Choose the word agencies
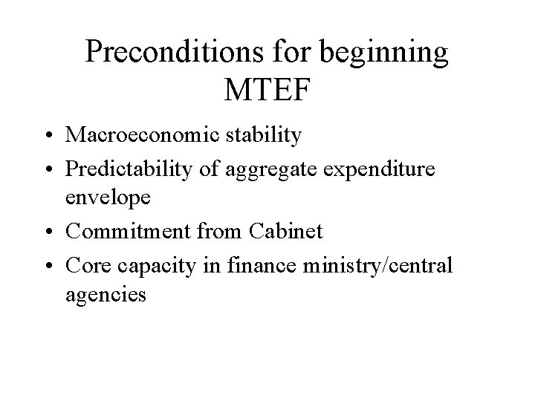pos(106,295)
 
